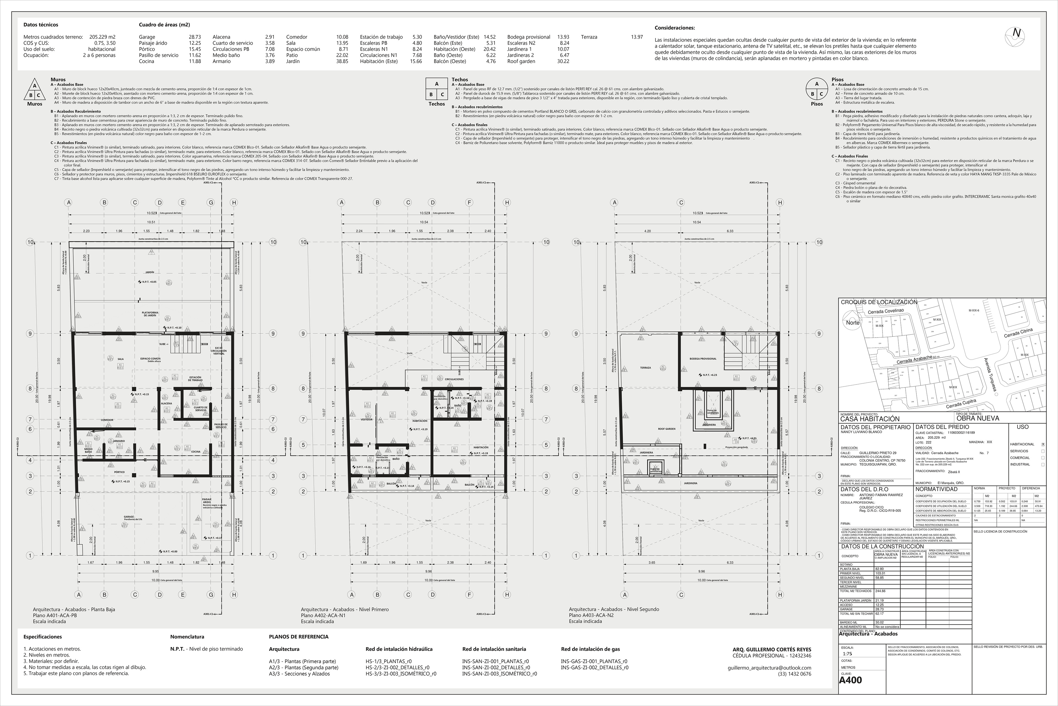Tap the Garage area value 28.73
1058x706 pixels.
point(195,37)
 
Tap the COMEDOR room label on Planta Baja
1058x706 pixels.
point(107,420)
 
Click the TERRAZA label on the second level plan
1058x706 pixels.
point(646,368)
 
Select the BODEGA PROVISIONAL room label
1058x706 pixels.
point(703,359)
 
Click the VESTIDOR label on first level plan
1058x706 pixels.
point(367,420)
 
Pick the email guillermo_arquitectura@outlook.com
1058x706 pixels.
point(769,668)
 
